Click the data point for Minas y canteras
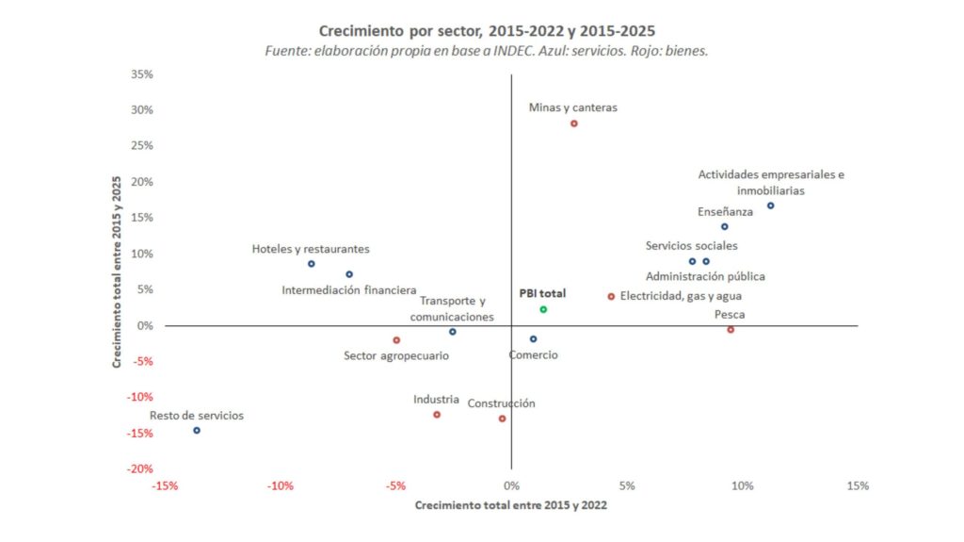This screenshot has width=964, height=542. click(x=573, y=123)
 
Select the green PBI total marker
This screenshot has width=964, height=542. click(x=543, y=309)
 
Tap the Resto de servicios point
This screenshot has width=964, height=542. click(x=197, y=430)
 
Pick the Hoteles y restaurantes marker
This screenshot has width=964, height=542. click(x=312, y=264)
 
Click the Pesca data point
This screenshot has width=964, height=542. click(x=731, y=330)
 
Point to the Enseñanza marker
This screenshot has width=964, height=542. click(x=724, y=226)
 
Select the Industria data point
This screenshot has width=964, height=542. click(x=437, y=415)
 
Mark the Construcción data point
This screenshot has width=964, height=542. click(x=502, y=419)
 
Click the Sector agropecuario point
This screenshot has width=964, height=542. click(x=396, y=340)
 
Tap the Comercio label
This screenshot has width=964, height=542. click(x=533, y=355)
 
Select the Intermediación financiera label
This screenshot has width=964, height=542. click(x=348, y=290)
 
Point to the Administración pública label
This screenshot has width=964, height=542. click(x=705, y=277)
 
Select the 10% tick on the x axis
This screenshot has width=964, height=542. click(x=742, y=486)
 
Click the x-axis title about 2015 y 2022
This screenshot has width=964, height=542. click(x=510, y=506)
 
